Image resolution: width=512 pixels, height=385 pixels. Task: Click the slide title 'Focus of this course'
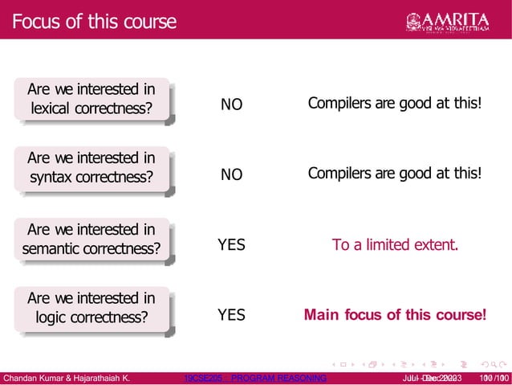[94, 21]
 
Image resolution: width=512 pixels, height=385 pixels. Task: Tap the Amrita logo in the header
[458, 20]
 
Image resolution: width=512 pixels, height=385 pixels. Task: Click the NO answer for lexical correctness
[231, 105]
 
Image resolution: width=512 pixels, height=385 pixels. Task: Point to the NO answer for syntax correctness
[231, 174]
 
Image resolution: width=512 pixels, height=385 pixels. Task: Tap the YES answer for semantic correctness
[231, 244]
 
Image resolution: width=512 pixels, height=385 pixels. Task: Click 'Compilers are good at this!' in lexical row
[395, 104]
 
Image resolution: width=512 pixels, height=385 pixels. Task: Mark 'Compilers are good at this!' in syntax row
[395, 174]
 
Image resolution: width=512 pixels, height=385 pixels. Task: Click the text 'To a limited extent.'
[395, 244]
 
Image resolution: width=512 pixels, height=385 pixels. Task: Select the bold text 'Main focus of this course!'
[395, 314]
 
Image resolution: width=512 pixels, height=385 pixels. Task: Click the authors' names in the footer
[67, 378]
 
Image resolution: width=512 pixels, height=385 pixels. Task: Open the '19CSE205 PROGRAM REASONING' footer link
[255, 378]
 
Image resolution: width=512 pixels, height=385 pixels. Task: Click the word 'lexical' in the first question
[54, 109]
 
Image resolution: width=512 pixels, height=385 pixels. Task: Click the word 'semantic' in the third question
[54, 248]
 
